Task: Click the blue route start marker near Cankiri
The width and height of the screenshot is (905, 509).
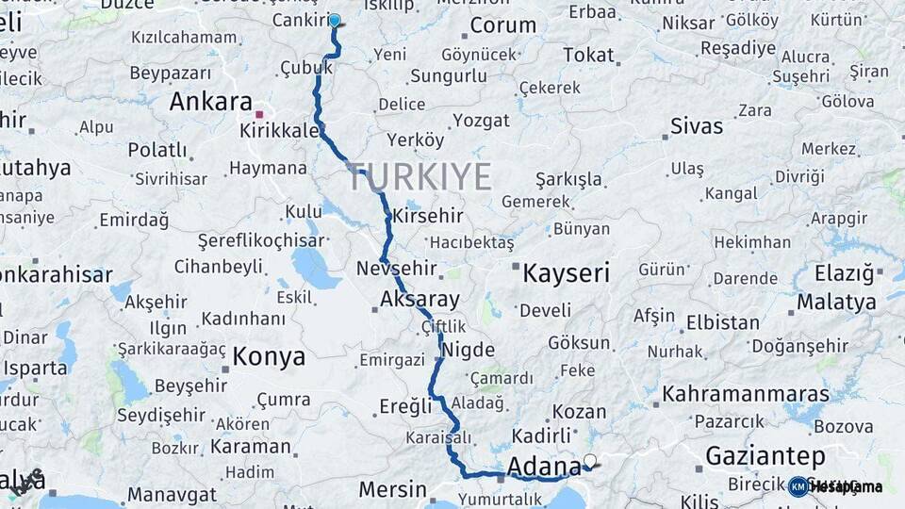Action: [x=335, y=20]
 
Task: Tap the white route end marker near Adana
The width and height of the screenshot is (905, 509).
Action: [x=590, y=461]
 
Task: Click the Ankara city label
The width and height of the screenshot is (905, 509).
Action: [x=211, y=102]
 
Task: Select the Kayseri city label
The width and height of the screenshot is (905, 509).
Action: [x=567, y=273]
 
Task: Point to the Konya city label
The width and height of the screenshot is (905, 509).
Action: [x=269, y=357]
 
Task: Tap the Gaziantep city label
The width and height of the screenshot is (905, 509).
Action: [x=765, y=456]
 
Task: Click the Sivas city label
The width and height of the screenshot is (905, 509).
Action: [x=697, y=126]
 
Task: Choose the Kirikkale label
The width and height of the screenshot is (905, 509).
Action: [x=280, y=130]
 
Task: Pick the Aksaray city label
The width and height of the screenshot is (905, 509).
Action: [x=420, y=301]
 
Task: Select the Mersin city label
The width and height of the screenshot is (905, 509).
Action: [x=393, y=489]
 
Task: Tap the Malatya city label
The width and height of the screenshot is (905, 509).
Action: [x=836, y=303]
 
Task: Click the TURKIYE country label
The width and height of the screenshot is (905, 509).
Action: [x=420, y=176]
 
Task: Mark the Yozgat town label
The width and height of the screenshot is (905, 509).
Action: [x=481, y=121]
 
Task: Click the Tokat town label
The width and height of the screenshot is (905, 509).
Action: [x=588, y=55]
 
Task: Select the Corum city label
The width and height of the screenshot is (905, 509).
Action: [x=502, y=25]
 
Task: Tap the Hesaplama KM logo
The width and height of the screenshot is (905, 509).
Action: [x=835, y=486]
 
